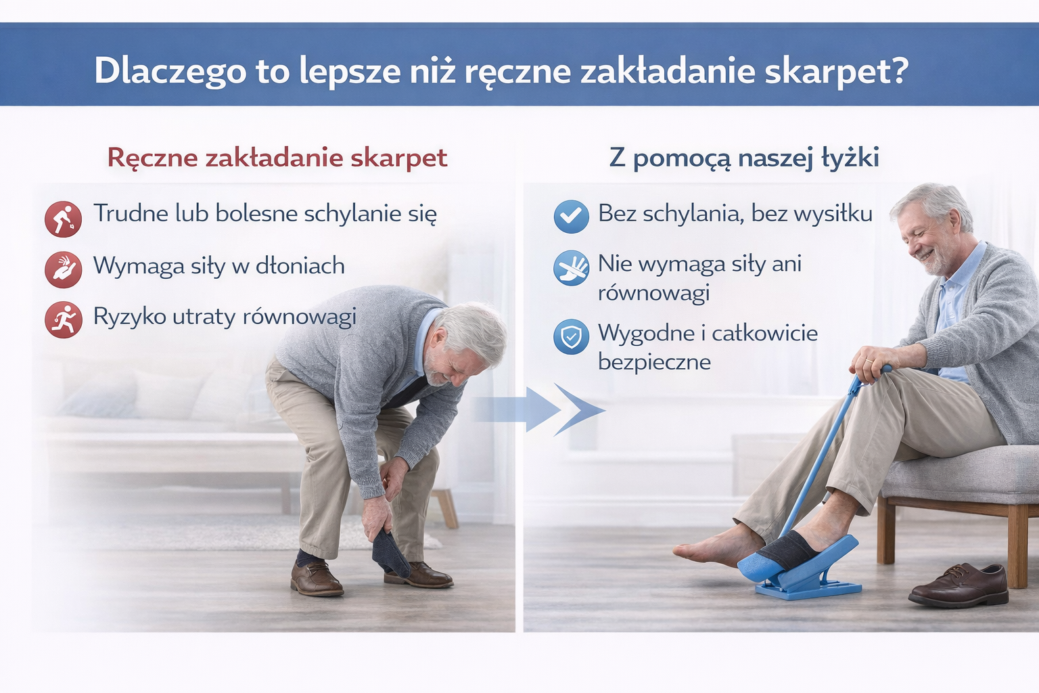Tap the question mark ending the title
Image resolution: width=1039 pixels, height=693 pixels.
[x=898, y=70]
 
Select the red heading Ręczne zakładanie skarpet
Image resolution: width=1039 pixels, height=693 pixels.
[x=277, y=158]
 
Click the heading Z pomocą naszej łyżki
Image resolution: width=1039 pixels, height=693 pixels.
[x=744, y=158]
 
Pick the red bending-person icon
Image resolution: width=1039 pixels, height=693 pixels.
[x=63, y=219]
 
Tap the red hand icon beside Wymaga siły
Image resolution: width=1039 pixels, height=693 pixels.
[x=63, y=269]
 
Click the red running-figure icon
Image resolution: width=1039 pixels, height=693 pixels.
[x=63, y=320]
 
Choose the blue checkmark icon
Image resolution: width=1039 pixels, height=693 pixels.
[x=572, y=217]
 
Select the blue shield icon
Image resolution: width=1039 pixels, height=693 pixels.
[x=572, y=336]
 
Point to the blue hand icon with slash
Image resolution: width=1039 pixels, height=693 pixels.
[x=572, y=268]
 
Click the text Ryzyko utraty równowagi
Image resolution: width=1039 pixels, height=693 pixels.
[x=225, y=317]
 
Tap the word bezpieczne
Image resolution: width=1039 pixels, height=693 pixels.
[x=654, y=362]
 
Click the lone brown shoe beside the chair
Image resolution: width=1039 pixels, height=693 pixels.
[x=959, y=585]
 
